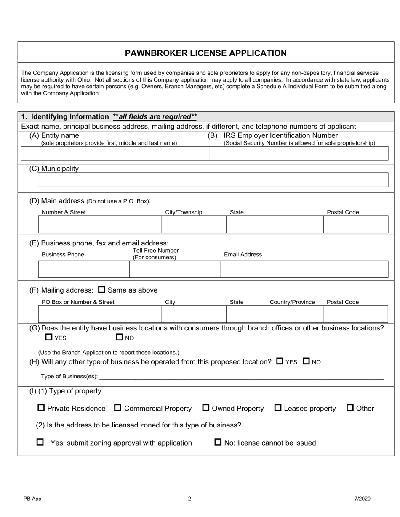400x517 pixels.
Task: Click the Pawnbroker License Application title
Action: point(205,53)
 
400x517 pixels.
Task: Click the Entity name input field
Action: point(115,154)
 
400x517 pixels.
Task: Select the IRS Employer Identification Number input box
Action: point(299,154)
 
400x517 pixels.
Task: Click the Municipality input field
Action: point(213,180)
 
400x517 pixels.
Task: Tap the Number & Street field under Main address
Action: point(100,225)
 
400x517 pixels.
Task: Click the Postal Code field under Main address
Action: point(355,225)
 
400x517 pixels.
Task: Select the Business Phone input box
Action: point(84,269)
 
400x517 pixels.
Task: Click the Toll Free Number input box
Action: point(175,269)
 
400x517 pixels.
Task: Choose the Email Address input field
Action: point(304,269)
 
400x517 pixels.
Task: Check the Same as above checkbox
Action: point(101,290)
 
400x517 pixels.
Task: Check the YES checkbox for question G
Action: point(49,337)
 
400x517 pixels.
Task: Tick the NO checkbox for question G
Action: point(119,337)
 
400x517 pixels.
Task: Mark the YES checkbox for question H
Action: point(280,361)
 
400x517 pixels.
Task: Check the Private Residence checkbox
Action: point(41,408)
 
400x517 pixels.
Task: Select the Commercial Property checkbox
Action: point(118,408)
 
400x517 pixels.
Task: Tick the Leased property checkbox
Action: point(278,408)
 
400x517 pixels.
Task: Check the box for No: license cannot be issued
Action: point(218,442)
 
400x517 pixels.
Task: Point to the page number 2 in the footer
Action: point(189,499)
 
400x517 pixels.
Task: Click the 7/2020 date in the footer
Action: point(362,499)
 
